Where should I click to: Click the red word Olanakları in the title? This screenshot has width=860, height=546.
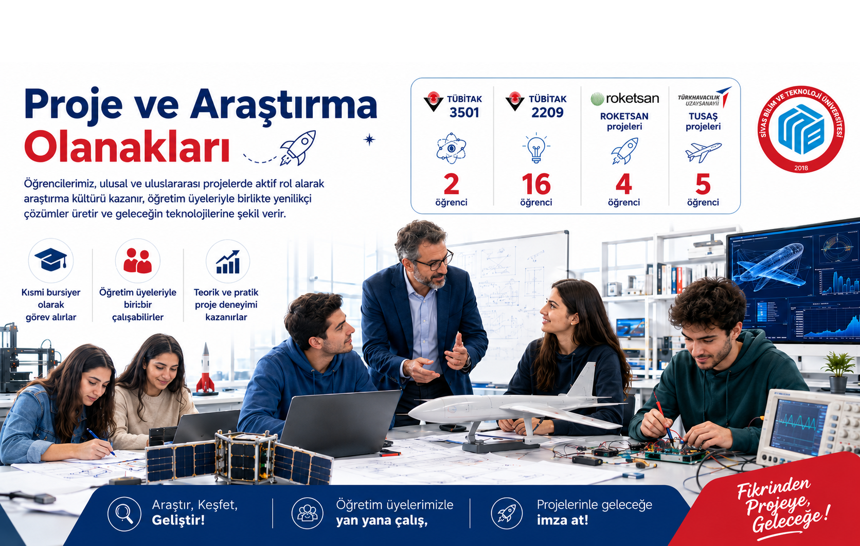tap(127, 148)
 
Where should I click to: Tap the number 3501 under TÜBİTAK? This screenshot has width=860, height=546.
tap(464, 113)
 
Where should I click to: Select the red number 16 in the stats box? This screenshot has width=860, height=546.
tap(536, 185)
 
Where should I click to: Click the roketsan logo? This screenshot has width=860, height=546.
tap(624, 99)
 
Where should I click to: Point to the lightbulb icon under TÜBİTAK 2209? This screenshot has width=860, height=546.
tap(536, 148)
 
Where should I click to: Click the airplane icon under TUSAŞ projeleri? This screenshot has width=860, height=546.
tap(703, 152)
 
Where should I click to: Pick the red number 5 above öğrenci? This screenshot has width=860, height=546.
tap(703, 185)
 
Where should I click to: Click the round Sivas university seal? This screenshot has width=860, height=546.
tap(801, 130)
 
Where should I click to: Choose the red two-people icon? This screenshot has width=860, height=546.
tap(137, 261)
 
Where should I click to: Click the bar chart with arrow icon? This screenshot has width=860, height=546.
tap(228, 262)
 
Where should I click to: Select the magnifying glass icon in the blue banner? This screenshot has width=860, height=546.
tap(124, 514)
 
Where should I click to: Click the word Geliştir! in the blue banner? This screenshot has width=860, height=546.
tap(178, 521)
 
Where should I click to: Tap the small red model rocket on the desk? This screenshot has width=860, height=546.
tap(205, 369)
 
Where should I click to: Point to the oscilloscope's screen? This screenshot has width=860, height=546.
tap(798, 426)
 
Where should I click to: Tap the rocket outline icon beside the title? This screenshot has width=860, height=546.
tap(298, 148)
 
